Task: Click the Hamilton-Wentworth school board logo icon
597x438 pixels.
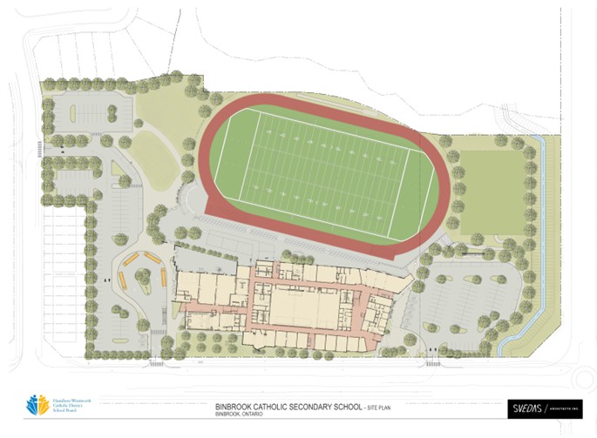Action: (x=37, y=405)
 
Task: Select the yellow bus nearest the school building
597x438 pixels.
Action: (x=163, y=277)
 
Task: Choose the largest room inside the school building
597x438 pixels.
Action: (x=302, y=306)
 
